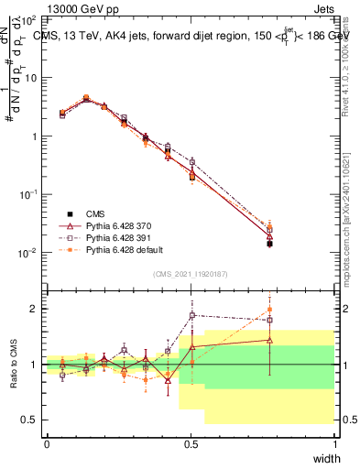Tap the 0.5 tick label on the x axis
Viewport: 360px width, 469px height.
191,444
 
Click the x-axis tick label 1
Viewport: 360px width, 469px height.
334,444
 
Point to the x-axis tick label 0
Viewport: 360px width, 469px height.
47,444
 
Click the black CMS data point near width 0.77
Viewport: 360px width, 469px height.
269,244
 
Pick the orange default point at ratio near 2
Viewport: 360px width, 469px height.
269,310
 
